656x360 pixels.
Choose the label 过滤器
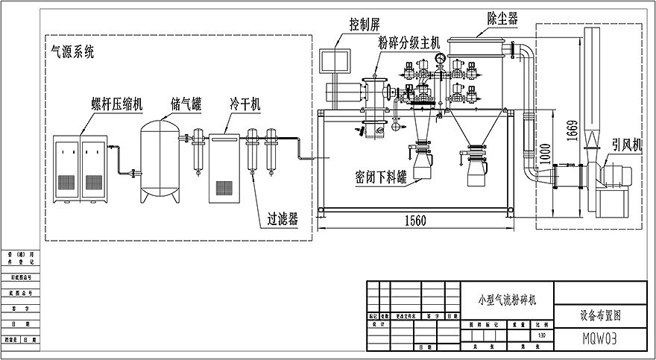[x=283, y=219]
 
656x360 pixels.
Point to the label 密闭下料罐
[x=379, y=177]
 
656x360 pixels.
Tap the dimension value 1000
[x=546, y=154]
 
